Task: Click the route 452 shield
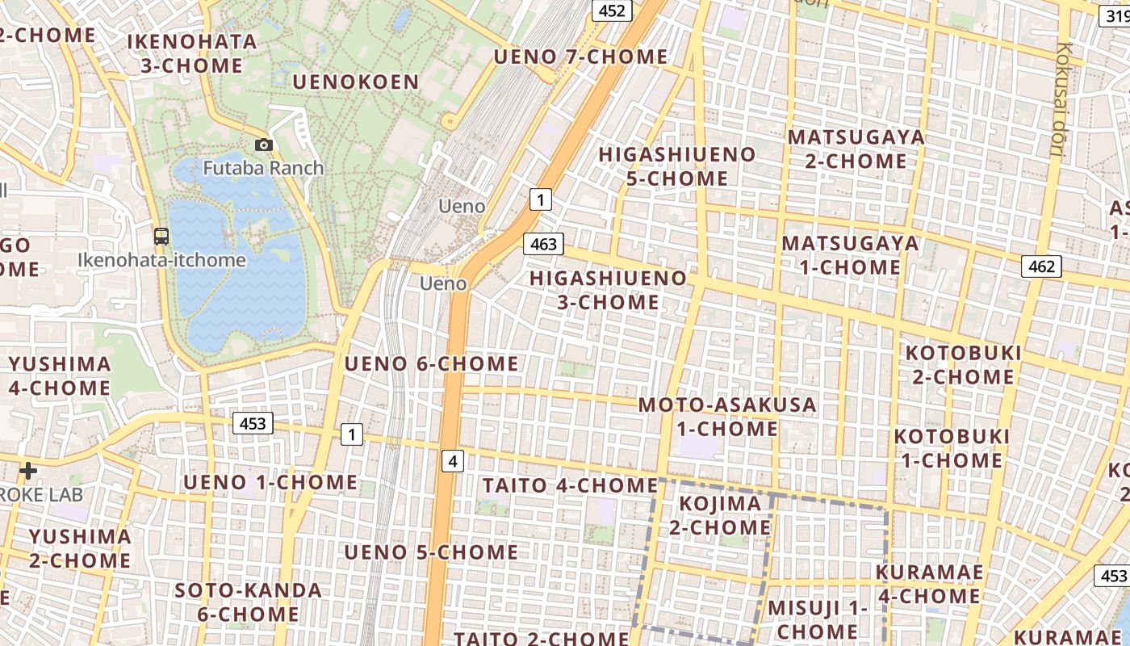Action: click(612, 10)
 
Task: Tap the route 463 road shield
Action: click(543, 243)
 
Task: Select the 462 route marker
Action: click(1041, 266)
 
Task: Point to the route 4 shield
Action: click(454, 461)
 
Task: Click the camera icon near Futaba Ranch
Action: click(264, 145)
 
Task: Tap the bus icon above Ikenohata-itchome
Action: click(161, 237)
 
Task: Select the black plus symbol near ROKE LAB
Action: click(28, 470)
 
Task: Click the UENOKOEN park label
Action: click(356, 82)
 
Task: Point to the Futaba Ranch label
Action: click(263, 169)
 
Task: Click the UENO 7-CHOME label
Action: click(580, 57)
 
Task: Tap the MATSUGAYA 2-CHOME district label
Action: click(856, 149)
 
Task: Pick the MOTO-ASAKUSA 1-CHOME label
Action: click(727, 416)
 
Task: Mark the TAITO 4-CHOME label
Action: click(570, 485)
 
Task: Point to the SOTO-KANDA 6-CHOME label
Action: click(249, 602)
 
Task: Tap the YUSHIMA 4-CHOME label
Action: click(60, 375)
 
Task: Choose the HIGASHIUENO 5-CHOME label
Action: click(677, 166)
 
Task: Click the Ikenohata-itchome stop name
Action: click(161, 260)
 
